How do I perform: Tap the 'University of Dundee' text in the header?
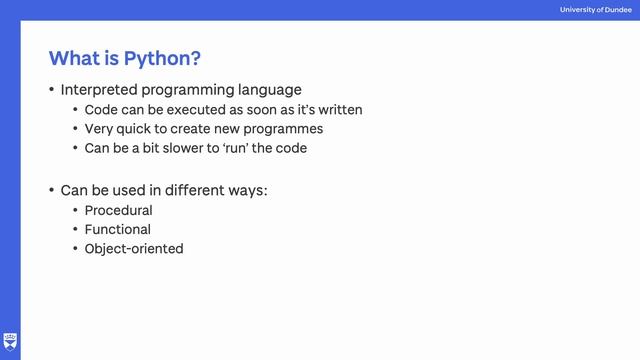click(596, 10)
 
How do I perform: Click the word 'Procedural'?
click(118, 211)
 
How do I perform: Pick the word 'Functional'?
click(117, 230)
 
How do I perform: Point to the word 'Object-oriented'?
click(134, 249)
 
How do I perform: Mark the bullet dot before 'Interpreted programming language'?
click(52, 90)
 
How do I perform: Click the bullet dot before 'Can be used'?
click(52, 189)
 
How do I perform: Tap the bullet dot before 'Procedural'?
click(75, 211)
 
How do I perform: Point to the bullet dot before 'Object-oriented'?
click(75, 249)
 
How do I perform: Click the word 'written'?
click(338, 110)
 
